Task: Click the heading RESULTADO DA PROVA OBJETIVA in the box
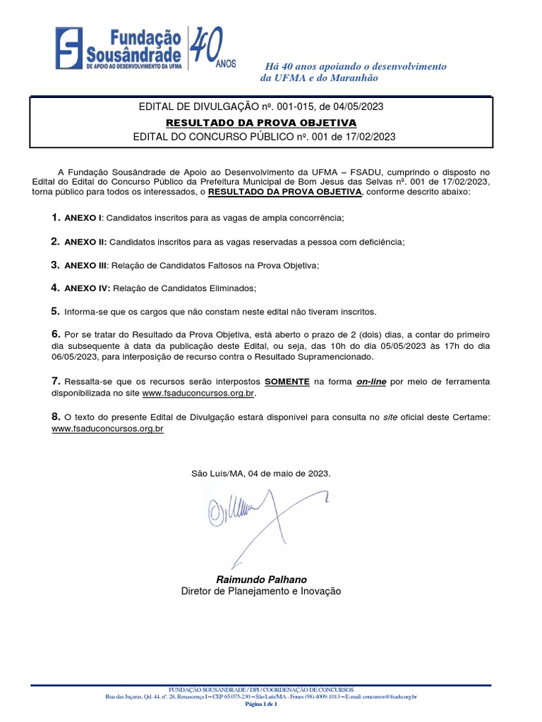[260, 122]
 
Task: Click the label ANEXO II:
[85, 242]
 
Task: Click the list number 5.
[55, 311]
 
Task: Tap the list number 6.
[55, 334]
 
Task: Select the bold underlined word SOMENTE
[287, 381]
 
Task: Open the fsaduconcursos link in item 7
[198, 392]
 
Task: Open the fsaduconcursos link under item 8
[108, 428]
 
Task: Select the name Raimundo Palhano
[261, 579]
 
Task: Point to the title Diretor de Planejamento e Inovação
[261, 592]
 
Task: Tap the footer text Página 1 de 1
[261, 704]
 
